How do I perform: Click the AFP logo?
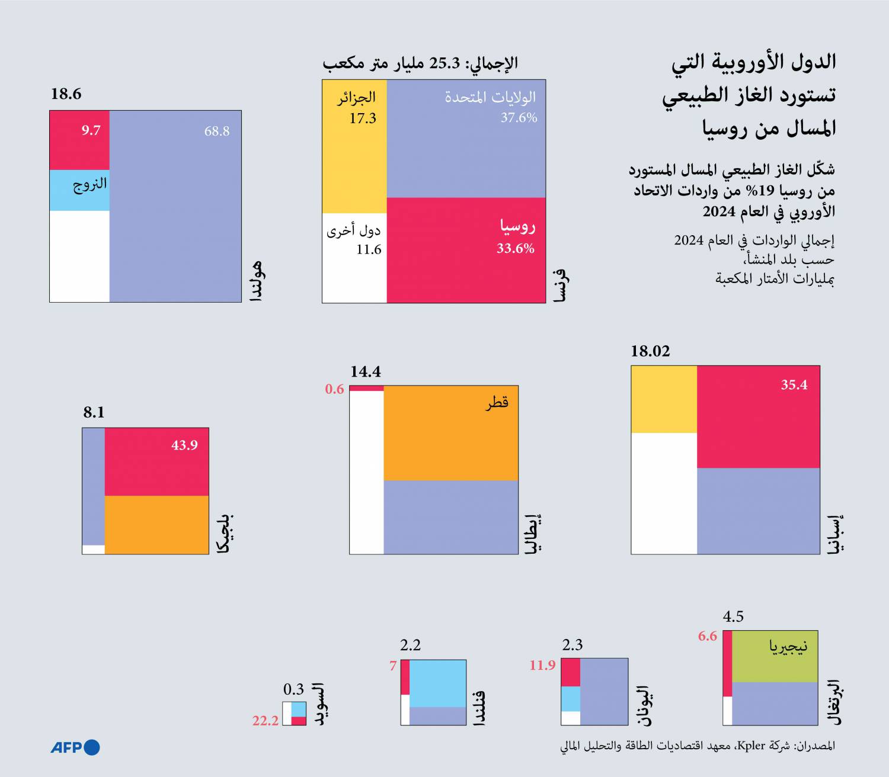[x=75, y=747]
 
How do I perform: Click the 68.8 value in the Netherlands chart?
[x=217, y=131]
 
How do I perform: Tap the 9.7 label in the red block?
[x=91, y=130]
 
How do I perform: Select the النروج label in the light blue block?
[x=90, y=184]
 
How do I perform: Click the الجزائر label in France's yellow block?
[x=357, y=97]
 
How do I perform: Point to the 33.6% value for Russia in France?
[x=516, y=249]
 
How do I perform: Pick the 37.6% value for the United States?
[x=519, y=118]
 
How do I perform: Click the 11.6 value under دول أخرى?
[x=369, y=250]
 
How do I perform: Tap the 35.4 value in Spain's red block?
[x=794, y=385]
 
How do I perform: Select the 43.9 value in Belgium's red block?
[x=184, y=445]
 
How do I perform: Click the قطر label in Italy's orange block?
[x=497, y=403]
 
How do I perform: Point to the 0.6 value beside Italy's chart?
[x=334, y=389]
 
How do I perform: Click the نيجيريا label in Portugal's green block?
[x=788, y=647]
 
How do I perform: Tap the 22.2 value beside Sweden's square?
[x=266, y=721]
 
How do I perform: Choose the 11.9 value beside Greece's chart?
[x=542, y=666]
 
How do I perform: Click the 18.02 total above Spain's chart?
[x=650, y=351]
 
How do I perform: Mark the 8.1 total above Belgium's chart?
[x=94, y=412]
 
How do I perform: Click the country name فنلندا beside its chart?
[x=479, y=708]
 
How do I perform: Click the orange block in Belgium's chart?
[x=157, y=525]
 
